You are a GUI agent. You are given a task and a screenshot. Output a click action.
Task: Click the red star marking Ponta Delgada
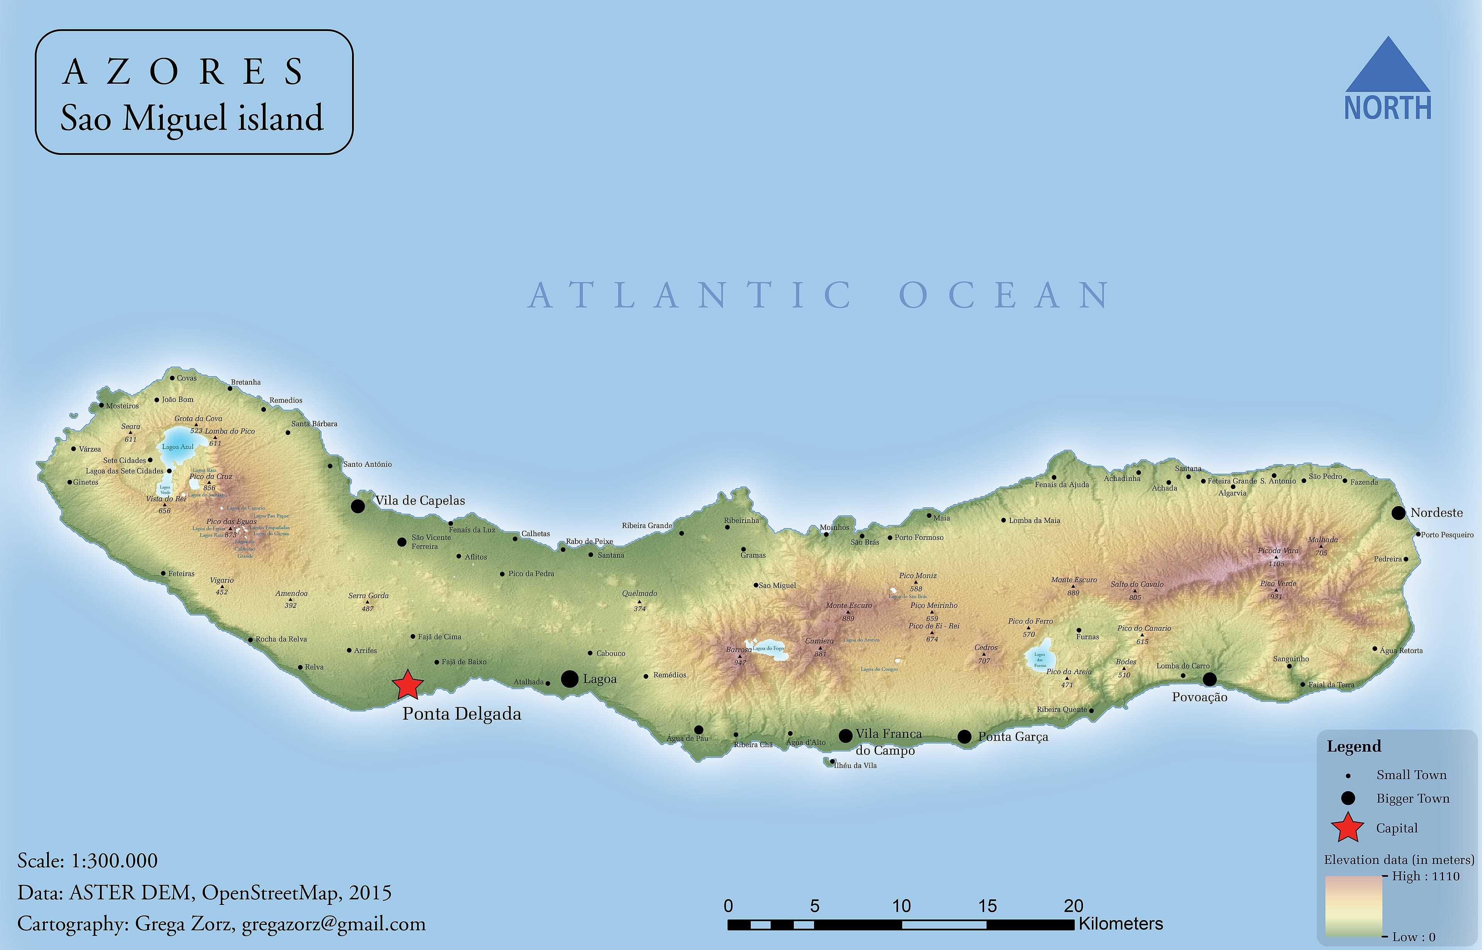click(408, 685)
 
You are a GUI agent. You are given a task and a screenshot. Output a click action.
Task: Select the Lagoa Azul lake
click(176, 449)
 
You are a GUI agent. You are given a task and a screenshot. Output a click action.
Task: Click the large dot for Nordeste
click(1398, 513)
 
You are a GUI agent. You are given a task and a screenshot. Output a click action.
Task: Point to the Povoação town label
click(1199, 697)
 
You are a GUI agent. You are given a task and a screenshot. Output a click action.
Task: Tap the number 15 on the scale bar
click(987, 906)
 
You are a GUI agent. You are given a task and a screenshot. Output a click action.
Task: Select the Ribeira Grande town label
click(646, 526)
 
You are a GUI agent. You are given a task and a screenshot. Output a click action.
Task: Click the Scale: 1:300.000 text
click(88, 861)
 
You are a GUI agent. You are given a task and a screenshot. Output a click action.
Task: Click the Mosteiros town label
click(122, 406)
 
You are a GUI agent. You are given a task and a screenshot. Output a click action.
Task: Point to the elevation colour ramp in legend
click(1353, 906)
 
